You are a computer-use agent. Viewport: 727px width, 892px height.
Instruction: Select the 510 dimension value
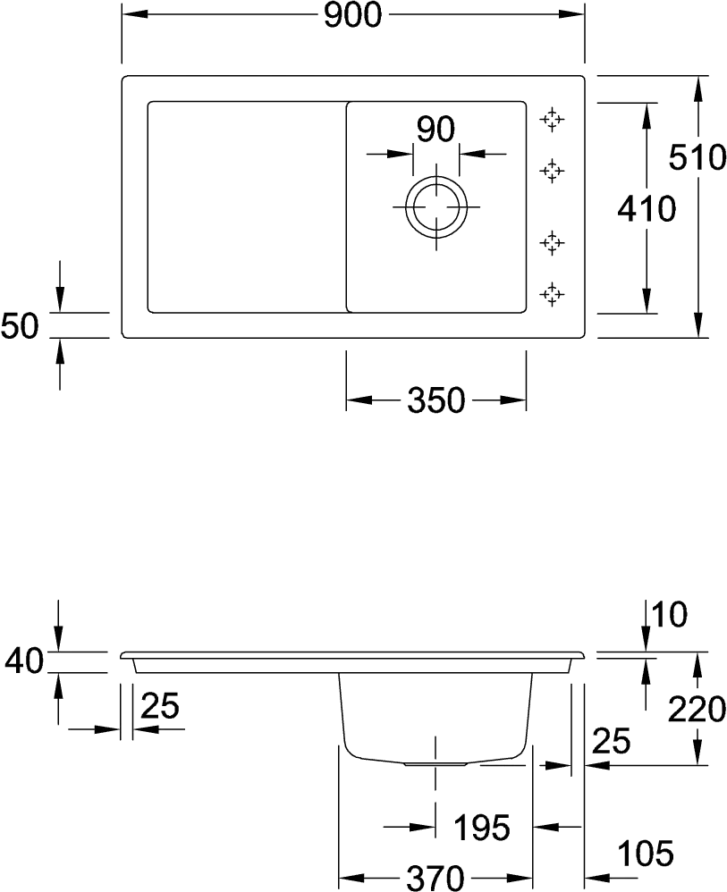click(x=698, y=159)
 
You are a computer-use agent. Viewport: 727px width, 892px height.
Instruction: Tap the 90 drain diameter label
click(x=436, y=131)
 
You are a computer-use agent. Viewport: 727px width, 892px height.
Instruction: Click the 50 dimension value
click(x=20, y=326)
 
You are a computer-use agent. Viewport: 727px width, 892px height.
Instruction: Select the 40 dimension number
click(x=22, y=662)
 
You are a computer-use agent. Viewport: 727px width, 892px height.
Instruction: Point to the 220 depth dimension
click(x=696, y=711)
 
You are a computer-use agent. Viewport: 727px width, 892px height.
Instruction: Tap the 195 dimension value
click(x=480, y=828)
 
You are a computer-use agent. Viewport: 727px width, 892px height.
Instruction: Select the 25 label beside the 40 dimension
click(x=160, y=708)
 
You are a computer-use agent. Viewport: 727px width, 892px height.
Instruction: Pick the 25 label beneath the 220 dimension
click(x=610, y=741)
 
